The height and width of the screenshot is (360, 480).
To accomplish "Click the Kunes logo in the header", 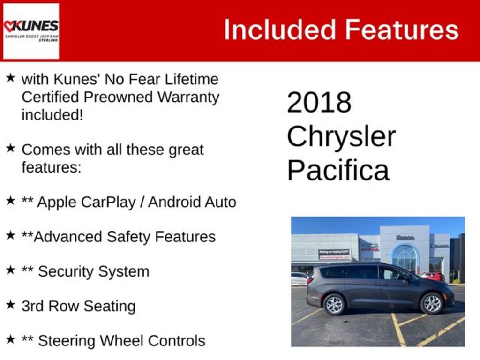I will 31,30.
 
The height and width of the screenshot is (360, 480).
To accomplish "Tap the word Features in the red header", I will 402,30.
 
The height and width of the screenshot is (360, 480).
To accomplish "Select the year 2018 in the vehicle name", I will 319,102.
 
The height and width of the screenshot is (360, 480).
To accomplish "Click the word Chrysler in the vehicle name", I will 341,136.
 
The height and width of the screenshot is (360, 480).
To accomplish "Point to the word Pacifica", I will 338,170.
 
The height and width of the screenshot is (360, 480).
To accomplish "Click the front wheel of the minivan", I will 431,303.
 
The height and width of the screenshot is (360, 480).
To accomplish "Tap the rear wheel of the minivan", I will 334,304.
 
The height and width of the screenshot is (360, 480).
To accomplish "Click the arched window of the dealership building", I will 405,257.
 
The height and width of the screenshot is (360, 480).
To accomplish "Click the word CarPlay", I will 110,202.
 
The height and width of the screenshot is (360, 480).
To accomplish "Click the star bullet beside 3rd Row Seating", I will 10,305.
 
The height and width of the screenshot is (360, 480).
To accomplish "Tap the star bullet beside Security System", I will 10,270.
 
